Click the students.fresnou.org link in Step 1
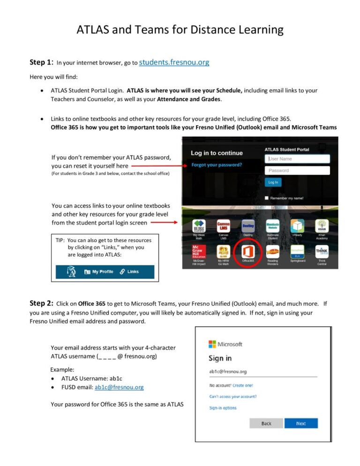(x=174, y=62)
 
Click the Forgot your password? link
(x=217, y=165)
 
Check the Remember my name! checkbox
(x=267, y=198)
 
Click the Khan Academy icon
(x=322, y=225)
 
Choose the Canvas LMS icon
(x=224, y=225)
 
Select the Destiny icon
(x=248, y=225)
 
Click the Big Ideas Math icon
(x=199, y=225)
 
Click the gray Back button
(x=266, y=423)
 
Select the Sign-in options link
(x=223, y=408)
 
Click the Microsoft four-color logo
(x=212, y=344)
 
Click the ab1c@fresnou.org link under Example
(x=119, y=387)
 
